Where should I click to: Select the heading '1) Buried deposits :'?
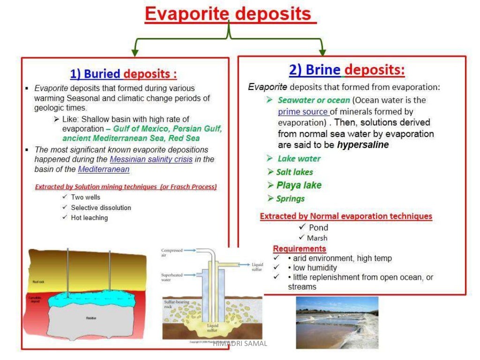123,74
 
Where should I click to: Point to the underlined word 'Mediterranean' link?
104,169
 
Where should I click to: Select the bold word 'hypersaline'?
363,145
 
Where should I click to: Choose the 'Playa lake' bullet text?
299,185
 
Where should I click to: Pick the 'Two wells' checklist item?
85,197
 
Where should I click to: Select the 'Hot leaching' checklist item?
89,217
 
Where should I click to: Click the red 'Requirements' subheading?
300,248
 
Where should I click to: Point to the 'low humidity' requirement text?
315,268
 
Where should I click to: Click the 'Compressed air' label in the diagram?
172,253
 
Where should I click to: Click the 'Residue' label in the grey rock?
91,318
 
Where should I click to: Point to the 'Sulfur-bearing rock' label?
177,304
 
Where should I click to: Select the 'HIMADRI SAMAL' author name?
240,344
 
